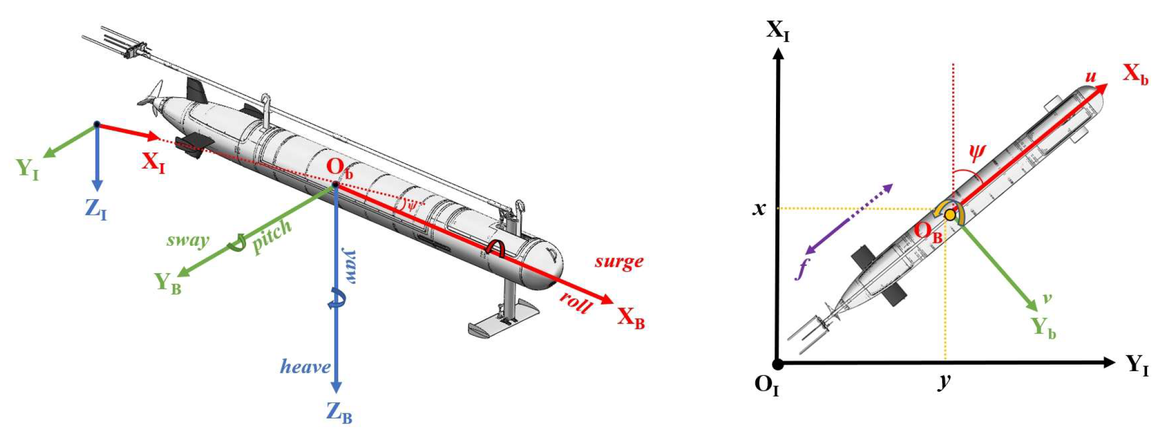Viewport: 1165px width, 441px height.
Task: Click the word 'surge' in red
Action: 619,262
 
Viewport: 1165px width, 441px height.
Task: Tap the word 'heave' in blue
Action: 305,366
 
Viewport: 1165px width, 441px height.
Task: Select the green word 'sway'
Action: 188,240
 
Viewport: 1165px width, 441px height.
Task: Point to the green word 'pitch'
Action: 272,236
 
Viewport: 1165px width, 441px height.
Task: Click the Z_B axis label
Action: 339,412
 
